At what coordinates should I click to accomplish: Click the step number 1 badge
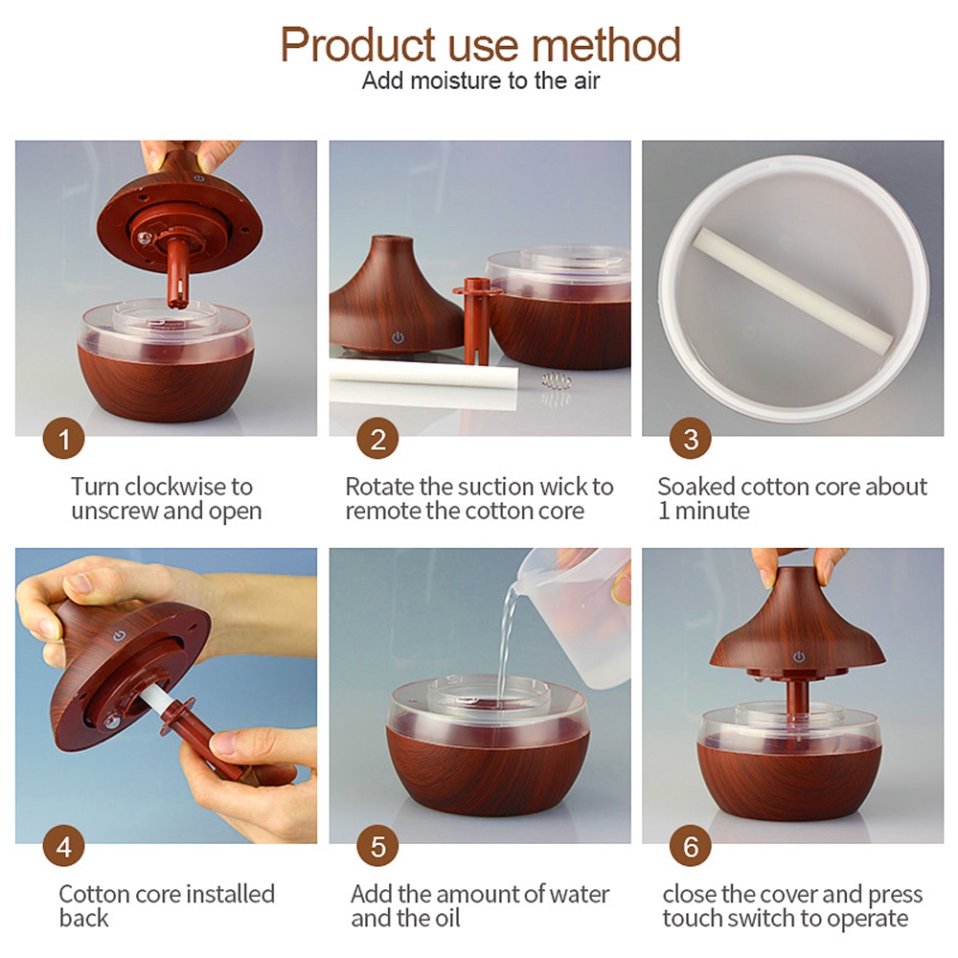tap(63, 439)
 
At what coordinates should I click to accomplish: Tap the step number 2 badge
tap(377, 439)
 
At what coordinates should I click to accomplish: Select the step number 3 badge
tap(691, 439)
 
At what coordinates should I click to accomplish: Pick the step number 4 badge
tap(63, 846)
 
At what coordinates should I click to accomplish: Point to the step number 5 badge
tap(377, 846)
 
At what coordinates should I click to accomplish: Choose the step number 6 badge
tap(691, 846)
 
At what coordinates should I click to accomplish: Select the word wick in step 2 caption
tap(564, 487)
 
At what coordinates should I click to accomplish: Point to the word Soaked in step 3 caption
tap(696, 487)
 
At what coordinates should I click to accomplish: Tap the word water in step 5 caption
tap(579, 895)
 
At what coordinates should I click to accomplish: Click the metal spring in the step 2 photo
tap(556, 382)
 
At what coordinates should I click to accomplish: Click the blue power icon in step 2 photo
tap(398, 337)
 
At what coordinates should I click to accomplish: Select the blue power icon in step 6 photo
tap(799, 657)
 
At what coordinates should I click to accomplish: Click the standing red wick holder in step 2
tap(476, 320)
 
